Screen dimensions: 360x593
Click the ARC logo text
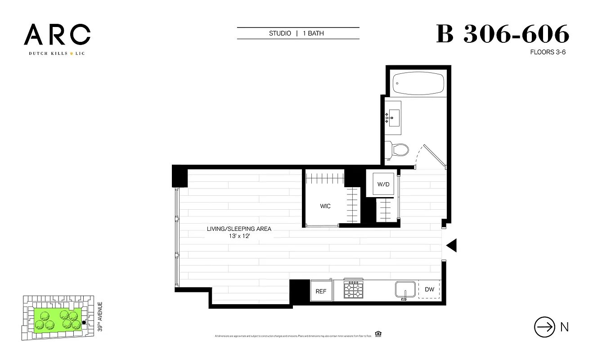[57, 35]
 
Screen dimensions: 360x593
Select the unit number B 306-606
[503, 35]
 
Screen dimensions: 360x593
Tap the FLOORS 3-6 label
[548, 52]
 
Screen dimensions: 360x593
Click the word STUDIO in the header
[280, 33]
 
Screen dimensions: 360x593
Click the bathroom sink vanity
[394, 117]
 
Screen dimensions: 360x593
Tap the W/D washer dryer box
[383, 184]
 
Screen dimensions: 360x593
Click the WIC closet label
[325, 206]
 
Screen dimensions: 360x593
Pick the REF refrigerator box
[321, 291]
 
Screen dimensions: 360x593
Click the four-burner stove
[353, 289]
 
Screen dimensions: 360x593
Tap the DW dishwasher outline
[429, 289]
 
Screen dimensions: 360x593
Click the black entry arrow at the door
[451, 245]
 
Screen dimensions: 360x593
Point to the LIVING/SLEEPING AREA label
[239, 229]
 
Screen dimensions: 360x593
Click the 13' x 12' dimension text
[239, 236]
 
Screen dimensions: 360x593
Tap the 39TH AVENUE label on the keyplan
[100, 317]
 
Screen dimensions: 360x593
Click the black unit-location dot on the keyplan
[84, 322]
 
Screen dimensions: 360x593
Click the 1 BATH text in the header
[313, 33]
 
